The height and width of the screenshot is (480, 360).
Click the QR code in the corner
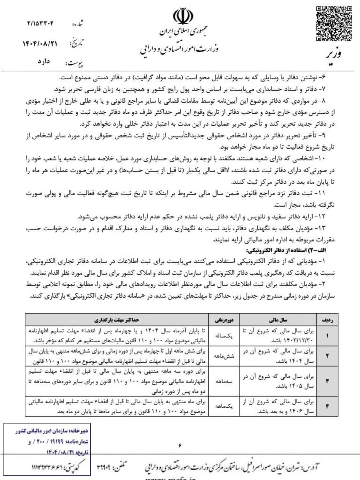click(x=334, y=23)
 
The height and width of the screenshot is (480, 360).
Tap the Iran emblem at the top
click(x=183, y=16)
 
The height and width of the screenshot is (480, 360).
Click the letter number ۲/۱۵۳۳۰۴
click(x=40, y=24)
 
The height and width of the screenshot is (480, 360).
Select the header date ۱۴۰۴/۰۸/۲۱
click(x=40, y=44)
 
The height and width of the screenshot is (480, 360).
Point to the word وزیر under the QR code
click(x=333, y=53)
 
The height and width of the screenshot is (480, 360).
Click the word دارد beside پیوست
click(x=44, y=61)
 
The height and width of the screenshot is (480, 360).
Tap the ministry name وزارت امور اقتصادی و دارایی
click(x=179, y=49)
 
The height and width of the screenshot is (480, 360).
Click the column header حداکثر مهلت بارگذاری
click(x=117, y=320)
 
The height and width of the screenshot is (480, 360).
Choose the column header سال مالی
click(x=278, y=320)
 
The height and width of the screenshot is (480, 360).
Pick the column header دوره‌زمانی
click(x=224, y=320)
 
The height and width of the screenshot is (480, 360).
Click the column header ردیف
click(x=327, y=320)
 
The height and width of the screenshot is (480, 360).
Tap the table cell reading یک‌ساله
click(x=224, y=336)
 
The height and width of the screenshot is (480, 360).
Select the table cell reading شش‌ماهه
click(x=224, y=356)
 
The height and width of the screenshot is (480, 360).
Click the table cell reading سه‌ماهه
click(x=224, y=381)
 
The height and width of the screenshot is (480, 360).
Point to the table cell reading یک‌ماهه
click(x=224, y=406)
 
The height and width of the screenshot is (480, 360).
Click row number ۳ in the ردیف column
click(x=327, y=381)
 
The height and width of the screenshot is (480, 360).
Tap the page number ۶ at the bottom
click(x=180, y=445)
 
